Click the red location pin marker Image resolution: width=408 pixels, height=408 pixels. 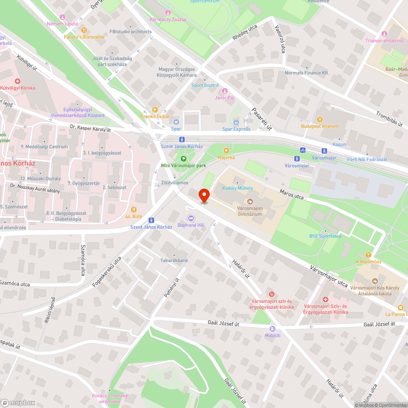coord(204,195)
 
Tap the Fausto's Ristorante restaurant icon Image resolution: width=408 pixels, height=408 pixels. coord(84,30)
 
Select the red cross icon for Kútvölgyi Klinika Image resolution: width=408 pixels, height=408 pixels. coord(18,81)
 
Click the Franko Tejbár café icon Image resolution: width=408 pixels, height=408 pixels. coord(155,109)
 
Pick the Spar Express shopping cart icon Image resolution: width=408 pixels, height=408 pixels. coord(236,122)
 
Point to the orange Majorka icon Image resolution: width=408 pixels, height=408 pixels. coord(226,150)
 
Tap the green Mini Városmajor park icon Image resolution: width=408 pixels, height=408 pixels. coord(183,159)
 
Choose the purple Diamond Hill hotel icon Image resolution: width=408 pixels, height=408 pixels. coord(191,218)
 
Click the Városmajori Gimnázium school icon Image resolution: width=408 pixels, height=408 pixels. coord(250,201)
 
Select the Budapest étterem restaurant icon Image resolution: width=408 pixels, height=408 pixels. coord(319,120)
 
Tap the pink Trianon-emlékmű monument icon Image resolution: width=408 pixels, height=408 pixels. coord(384,33)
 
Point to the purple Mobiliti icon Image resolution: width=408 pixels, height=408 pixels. coord(273,328)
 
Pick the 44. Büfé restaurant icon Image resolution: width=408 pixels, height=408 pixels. coord(133,209)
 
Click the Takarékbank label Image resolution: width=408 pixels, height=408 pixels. coord(174,260)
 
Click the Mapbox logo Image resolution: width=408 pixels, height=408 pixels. coord(18,403)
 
